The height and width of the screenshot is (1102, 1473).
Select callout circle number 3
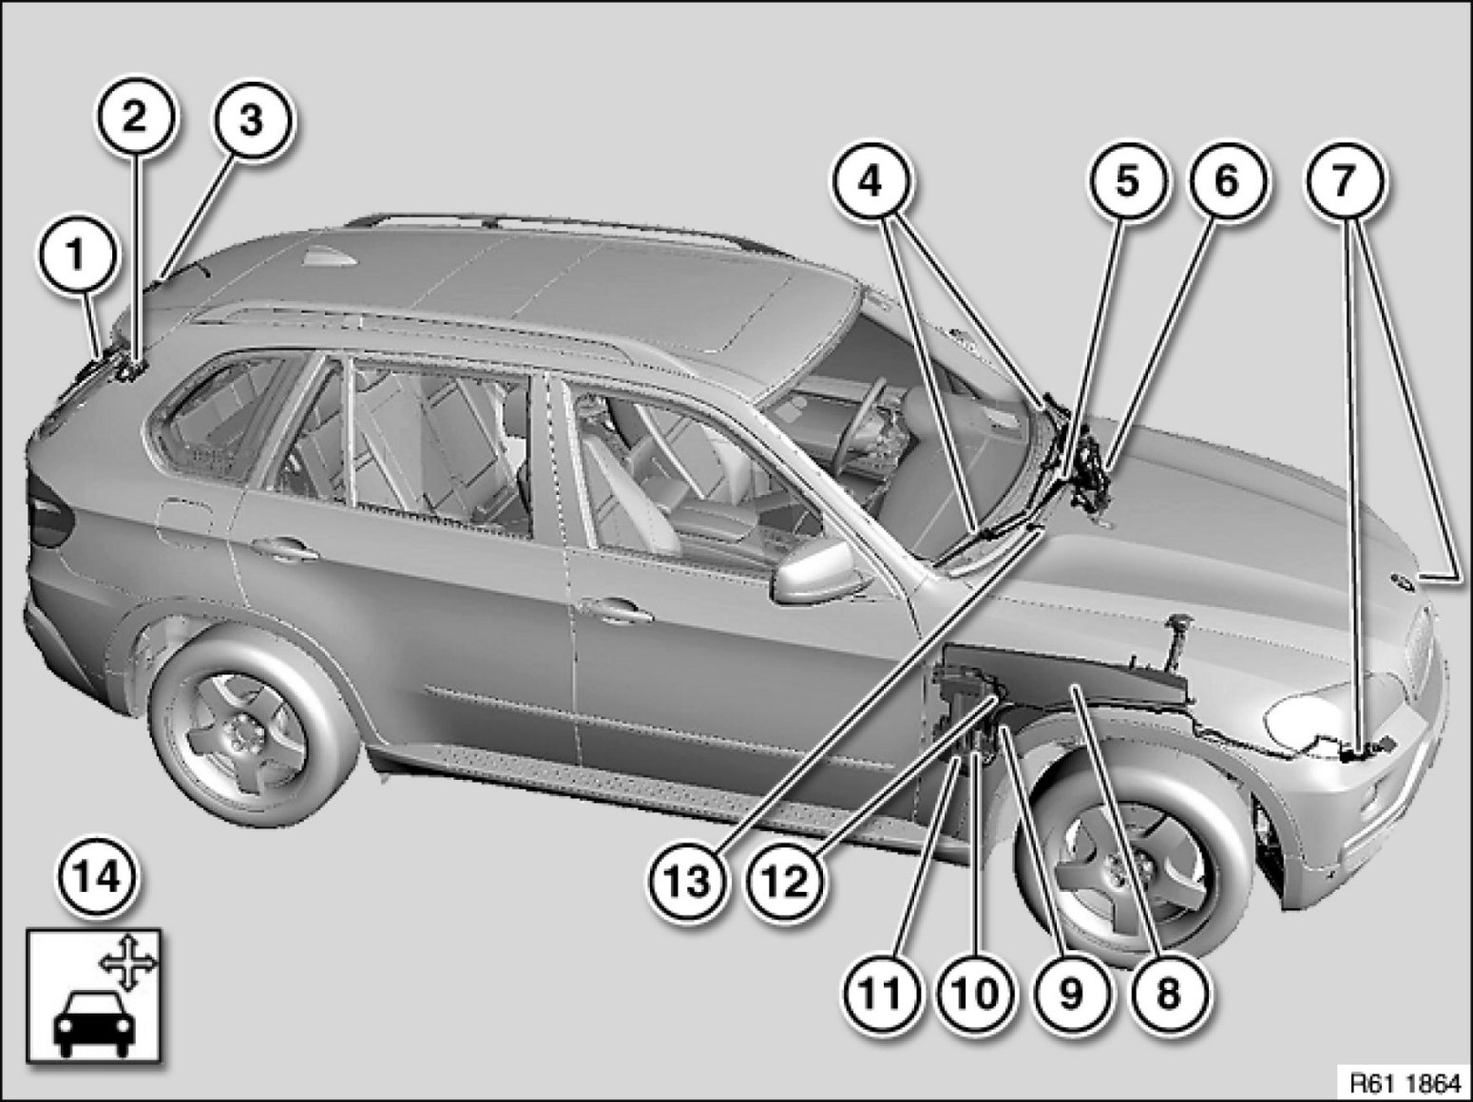point(252,122)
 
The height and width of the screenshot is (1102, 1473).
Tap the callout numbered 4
point(871,181)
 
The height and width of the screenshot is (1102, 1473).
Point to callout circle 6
point(1228,181)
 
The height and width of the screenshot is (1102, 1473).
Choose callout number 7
point(1343,181)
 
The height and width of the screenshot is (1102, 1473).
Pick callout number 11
point(880,994)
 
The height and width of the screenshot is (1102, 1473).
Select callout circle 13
point(689,881)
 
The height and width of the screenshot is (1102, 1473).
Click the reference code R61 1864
point(1406,1083)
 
